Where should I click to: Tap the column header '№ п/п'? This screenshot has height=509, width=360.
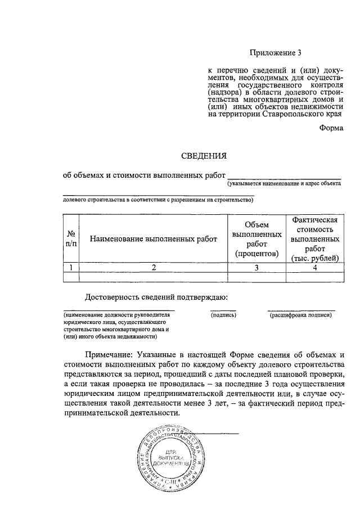pyautogui.click(x=71, y=238)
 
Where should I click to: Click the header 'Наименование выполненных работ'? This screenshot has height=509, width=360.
pyautogui.click(x=153, y=239)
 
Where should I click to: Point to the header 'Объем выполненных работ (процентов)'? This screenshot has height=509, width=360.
pyautogui.click(x=256, y=239)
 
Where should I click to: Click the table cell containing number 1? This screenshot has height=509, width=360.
pyautogui.click(x=71, y=268)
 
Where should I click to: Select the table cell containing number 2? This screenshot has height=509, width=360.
pyautogui.click(x=153, y=268)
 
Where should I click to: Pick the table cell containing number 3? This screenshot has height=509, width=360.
pyautogui.click(x=256, y=268)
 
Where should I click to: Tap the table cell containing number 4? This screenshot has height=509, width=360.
pyautogui.click(x=314, y=268)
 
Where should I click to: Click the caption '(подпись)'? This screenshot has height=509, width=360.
pyautogui.click(x=223, y=316)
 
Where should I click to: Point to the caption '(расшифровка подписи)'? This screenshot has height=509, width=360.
pyautogui.click(x=301, y=316)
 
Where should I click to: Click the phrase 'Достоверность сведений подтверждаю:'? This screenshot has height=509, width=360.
pyautogui.click(x=156, y=297)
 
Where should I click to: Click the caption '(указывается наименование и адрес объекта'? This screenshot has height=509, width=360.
pyautogui.click(x=284, y=183)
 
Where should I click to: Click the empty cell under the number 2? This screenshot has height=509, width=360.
pyautogui.click(x=153, y=277)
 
